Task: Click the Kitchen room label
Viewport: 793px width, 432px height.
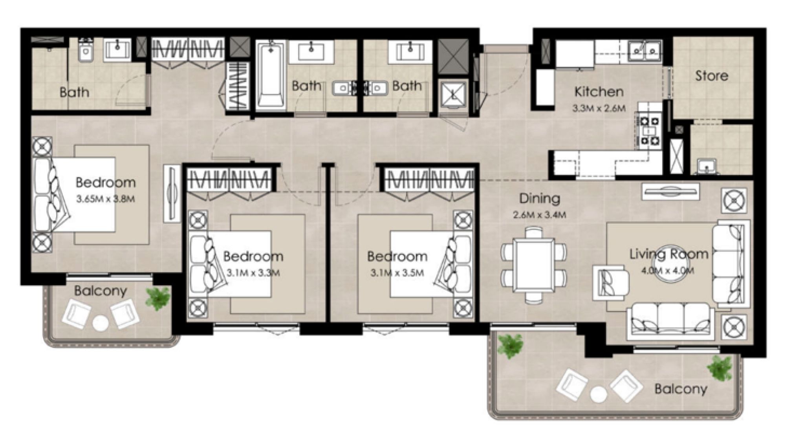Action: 599,92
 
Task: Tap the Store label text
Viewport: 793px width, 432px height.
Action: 711,75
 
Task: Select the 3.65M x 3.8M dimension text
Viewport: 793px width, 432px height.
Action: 105,199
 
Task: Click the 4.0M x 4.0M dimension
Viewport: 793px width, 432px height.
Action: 668,271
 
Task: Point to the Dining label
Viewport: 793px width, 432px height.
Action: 539,198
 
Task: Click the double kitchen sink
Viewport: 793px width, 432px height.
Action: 644,50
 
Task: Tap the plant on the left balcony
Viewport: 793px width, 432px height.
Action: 158,297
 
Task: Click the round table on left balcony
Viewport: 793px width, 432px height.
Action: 101,324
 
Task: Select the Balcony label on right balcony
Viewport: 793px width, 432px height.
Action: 680,389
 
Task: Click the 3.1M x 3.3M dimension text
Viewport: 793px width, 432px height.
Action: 253,273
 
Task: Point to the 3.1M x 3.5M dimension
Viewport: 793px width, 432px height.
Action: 397,273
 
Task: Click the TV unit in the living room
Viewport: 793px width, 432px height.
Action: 670,191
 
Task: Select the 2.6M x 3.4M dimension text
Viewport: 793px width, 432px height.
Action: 539,215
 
